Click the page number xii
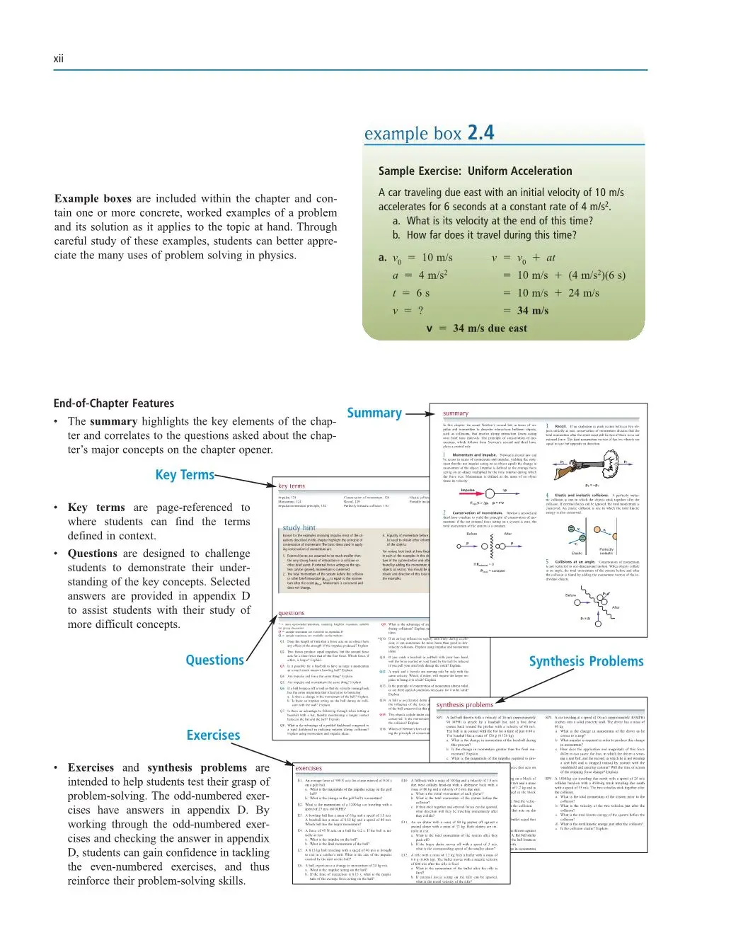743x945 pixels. [58, 59]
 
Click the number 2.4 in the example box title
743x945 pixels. [480, 132]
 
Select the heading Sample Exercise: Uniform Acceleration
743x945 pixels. [475, 171]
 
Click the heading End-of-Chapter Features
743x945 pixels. [114, 403]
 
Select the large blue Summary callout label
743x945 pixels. [374, 413]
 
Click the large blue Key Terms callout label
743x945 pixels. [185, 474]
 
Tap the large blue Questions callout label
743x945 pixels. [214, 660]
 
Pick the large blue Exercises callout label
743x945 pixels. [213, 735]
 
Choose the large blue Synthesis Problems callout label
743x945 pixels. [586, 661]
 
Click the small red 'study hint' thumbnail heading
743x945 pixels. [299, 528]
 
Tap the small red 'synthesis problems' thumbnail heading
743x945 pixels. [464, 704]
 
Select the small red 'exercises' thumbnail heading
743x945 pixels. [308, 768]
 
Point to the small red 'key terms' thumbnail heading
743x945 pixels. [292, 486]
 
